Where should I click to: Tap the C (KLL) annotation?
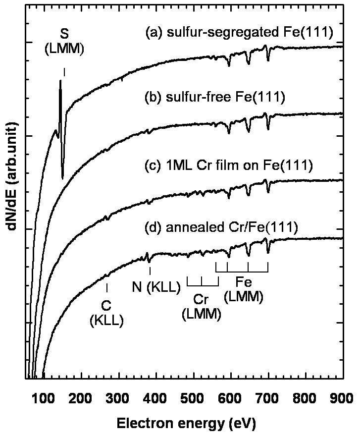tap(106, 312)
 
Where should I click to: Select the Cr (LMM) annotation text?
tap(202, 307)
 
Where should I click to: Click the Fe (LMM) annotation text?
tap(243, 290)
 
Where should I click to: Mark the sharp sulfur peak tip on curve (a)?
tap(60, 81)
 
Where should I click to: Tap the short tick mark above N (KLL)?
tap(150, 271)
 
